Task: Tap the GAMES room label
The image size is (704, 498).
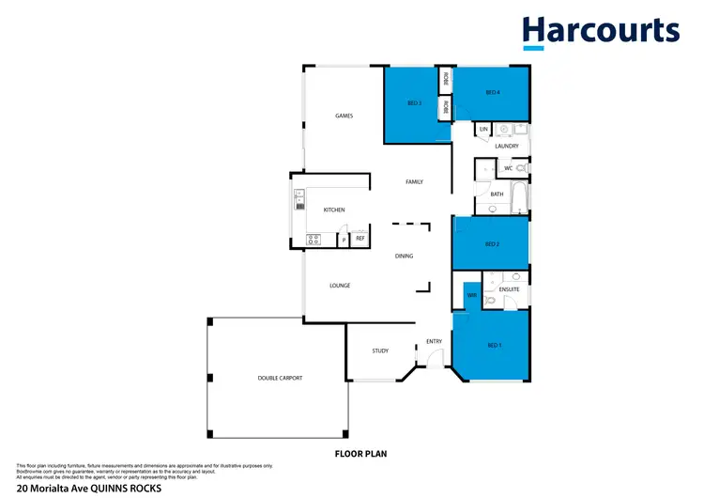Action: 344,116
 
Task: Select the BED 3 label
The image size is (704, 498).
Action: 414,102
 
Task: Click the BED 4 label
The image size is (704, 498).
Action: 492,92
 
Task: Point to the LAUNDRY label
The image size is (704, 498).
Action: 507,147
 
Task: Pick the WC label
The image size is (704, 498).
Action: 508,168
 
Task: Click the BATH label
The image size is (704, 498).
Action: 497,195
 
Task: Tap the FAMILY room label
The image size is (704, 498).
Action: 414,181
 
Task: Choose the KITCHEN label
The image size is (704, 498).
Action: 334,210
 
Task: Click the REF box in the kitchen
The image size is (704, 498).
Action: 360,239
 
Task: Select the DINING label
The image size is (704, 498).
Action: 404,256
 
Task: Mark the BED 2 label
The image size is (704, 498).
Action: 491,244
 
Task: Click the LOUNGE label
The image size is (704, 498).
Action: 340,286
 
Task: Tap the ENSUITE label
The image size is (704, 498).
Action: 508,290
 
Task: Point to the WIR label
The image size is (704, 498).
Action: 471,296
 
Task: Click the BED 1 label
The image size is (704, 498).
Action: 494,346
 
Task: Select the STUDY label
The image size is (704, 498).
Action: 380,350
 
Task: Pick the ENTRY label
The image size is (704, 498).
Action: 434,341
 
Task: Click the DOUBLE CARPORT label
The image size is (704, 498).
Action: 280,378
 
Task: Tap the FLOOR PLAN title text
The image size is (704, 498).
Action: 361,454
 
